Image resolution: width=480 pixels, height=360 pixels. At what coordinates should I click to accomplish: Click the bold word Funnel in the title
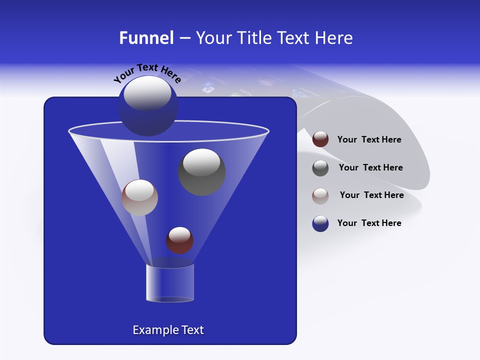(x=146, y=38)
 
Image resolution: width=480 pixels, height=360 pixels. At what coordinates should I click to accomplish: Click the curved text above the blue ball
(x=147, y=73)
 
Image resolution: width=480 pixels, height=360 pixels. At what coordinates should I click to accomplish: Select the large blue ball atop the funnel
(x=148, y=112)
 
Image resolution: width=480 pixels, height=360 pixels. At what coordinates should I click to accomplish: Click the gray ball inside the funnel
(x=201, y=172)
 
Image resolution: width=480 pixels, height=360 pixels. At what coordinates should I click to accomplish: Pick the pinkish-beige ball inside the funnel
(x=139, y=197)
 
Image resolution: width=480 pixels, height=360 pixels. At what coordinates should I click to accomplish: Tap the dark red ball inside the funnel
(x=179, y=240)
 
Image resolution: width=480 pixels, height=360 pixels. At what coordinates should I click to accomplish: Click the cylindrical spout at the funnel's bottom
(x=169, y=283)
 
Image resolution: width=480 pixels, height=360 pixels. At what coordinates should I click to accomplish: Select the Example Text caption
(x=168, y=330)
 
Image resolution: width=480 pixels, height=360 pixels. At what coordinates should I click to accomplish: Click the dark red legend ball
(x=320, y=139)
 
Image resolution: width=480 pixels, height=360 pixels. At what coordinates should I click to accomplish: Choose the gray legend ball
(x=320, y=167)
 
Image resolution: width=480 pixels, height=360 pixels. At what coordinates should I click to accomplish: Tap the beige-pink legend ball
(x=320, y=195)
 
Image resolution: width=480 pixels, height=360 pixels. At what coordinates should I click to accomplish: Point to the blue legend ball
(x=320, y=223)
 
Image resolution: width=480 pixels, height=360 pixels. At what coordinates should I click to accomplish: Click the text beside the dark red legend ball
(x=369, y=140)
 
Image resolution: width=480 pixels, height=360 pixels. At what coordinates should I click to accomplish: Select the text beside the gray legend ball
(x=370, y=168)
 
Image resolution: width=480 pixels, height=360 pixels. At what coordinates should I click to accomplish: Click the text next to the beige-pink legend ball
(x=371, y=195)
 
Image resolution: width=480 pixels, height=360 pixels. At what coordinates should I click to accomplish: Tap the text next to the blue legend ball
(x=369, y=223)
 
